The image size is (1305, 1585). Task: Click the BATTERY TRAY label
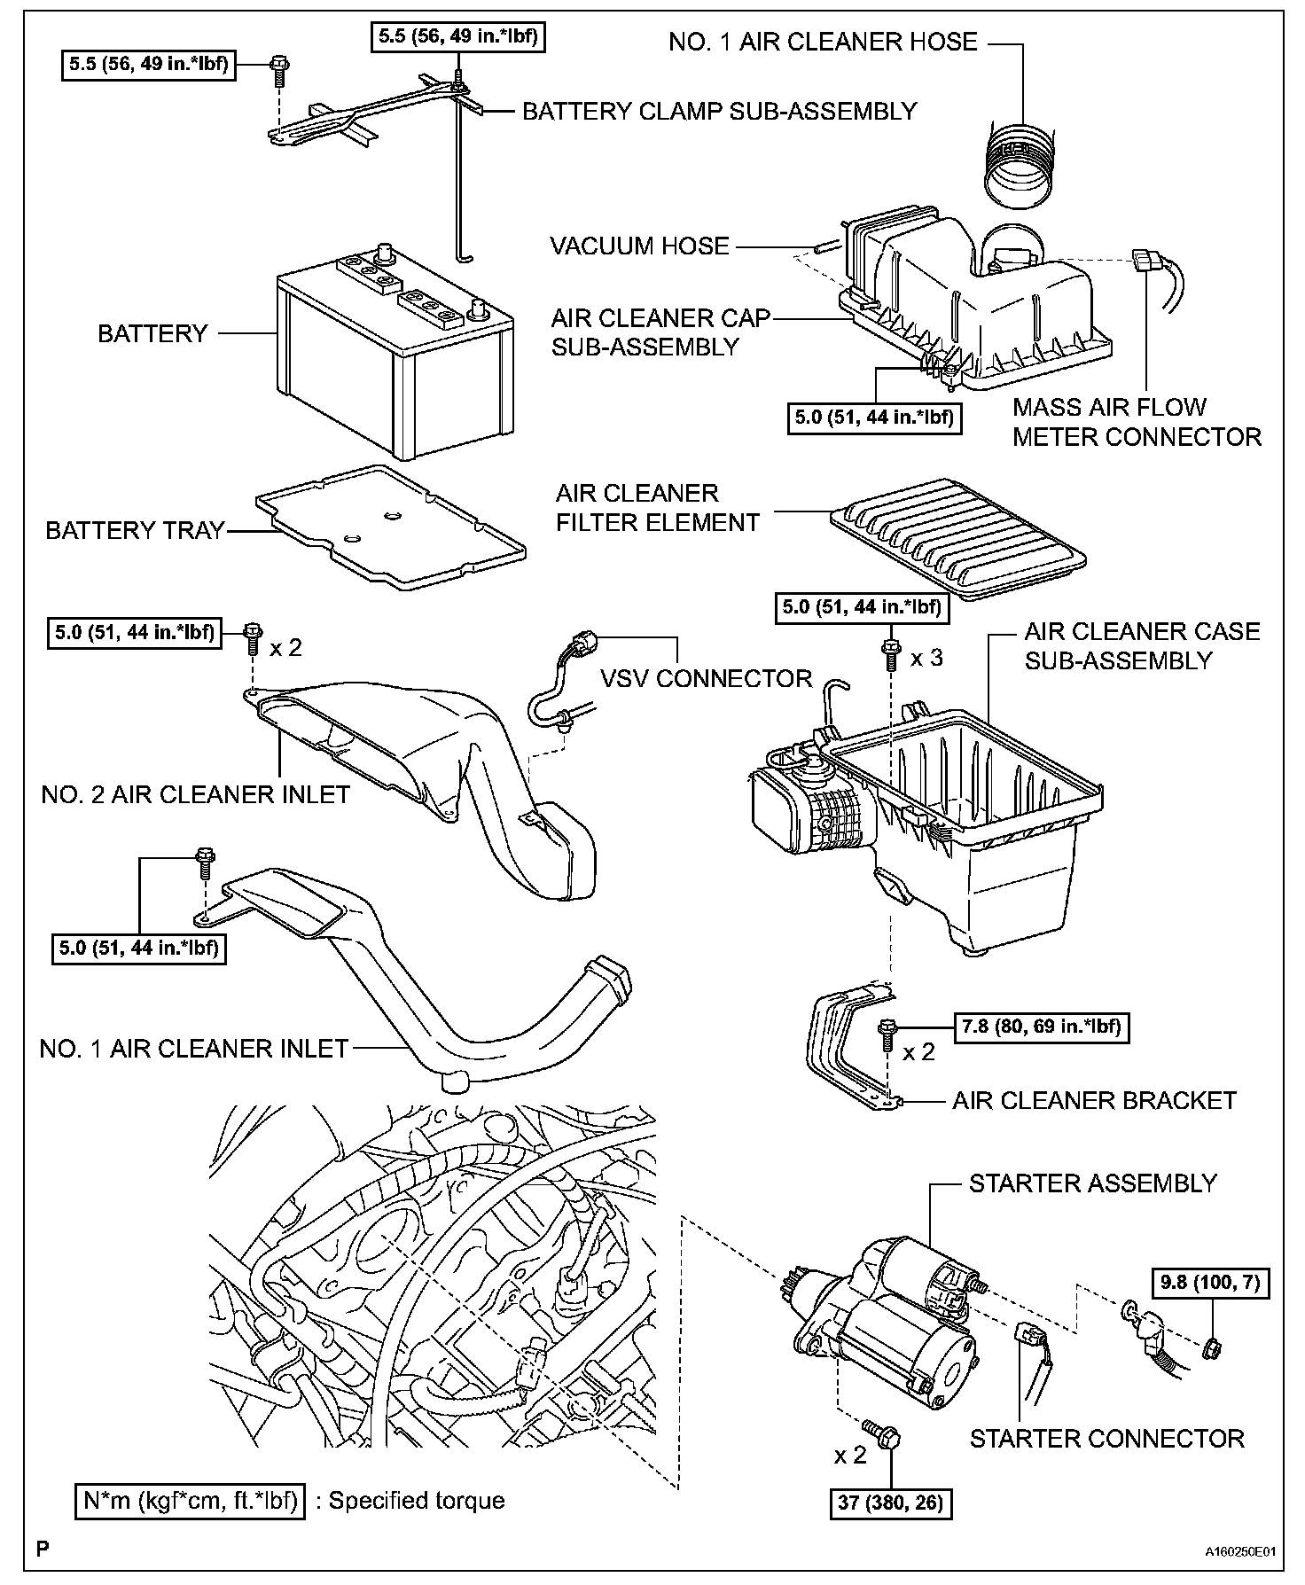pyautogui.click(x=135, y=530)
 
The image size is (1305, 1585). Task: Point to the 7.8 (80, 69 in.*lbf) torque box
pyautogui.click(x=1041, y=1027)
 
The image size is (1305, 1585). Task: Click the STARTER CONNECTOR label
pyautogui.click(x=1106, y=1438)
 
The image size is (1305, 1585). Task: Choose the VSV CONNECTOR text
pyautogui.click(x=707, y=678)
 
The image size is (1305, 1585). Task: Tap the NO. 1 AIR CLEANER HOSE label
pyautogui.click(x=823, y=42)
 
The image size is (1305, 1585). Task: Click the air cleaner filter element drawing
pyautogui.click(x=957, y=537)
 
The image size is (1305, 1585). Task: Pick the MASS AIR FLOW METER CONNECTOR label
pyautogui.click(x=1137, y=422)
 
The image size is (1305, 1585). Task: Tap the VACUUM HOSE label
pyautogui.click(x=639, y=246)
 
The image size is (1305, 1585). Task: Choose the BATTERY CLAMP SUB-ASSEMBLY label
pyautogui.click(x=719, y=111)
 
